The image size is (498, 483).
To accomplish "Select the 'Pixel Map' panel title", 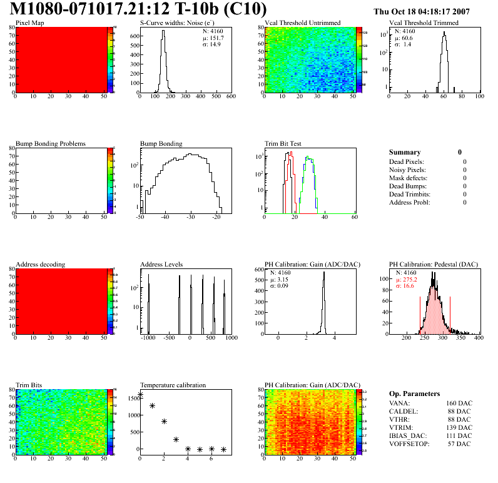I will pos(29,23).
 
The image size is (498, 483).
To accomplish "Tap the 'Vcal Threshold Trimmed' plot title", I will pos(424,23).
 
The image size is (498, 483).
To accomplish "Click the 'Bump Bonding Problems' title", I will pos(51,144).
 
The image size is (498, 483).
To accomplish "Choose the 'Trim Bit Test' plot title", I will pos(283,144).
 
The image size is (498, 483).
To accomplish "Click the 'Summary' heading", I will pos(405,152).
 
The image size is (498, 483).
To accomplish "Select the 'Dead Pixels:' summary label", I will pos(407,161).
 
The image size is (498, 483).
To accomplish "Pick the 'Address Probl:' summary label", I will pos(410,202).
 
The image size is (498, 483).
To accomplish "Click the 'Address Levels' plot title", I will pos(161,265).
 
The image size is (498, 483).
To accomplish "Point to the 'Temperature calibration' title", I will pos(173,385).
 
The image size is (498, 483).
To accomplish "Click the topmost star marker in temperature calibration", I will pos(140,395).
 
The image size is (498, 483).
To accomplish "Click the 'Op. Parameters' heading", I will pos(414,394).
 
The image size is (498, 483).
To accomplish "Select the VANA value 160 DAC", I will pos(459,404).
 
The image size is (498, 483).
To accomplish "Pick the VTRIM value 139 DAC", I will pos(459,426).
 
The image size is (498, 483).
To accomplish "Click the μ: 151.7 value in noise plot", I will pos(213,38).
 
